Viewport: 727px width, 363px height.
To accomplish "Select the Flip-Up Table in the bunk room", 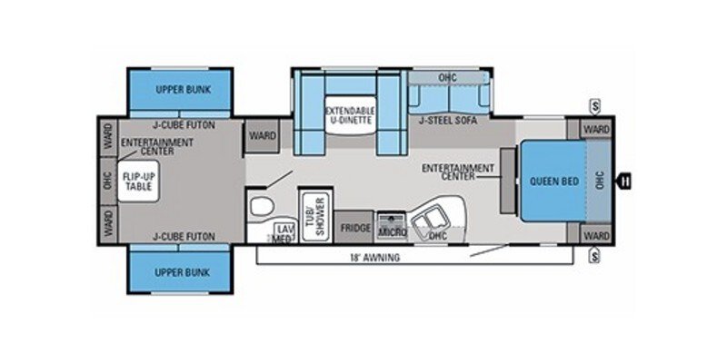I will pyautogui.click(x=139, y=181).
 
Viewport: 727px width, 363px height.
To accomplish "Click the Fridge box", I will pyautogui.click(x=355, y=229).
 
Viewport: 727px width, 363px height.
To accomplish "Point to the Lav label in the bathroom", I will pyautogui.click(x=283, y=230).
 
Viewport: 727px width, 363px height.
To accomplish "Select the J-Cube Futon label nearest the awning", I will pyautogui.click(x=184, y=236).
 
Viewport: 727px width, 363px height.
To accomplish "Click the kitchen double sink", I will pyautogui.click(x=426, y=221).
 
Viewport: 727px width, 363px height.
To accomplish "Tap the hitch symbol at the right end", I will pyautogui.click(x=625, y=181).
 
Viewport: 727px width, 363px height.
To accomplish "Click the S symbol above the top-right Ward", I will pyautogui.click(x=593, y=103).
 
